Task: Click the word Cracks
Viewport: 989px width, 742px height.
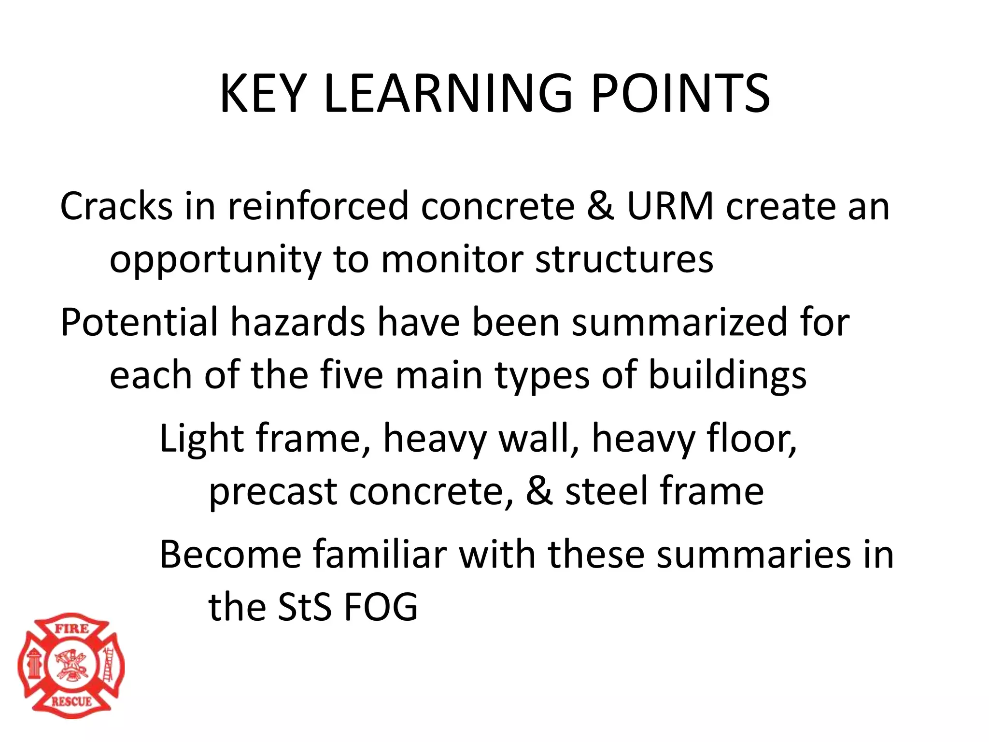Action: [116, 206]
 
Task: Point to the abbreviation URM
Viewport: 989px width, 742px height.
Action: [670, 206]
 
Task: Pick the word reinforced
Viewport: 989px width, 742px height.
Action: [318, 206]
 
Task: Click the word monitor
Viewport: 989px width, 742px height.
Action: [452, 259]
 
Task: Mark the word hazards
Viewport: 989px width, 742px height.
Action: [297, 322]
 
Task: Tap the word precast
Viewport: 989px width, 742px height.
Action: [273, 492]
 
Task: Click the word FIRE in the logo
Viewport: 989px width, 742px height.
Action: [71, 628]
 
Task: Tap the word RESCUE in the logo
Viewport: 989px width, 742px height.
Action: [71, 701]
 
